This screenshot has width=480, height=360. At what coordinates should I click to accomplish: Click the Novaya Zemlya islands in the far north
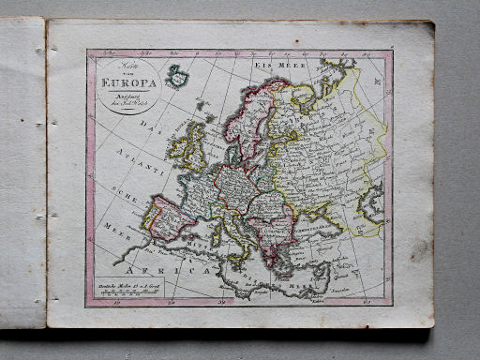click(x=333, y=75)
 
